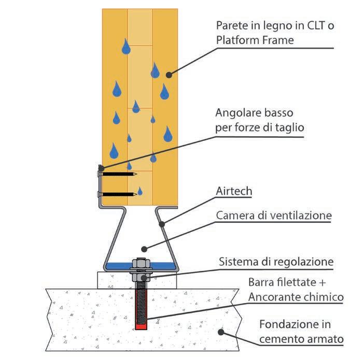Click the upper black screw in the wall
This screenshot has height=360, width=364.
point(119,175)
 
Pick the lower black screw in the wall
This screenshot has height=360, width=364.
point(119,194)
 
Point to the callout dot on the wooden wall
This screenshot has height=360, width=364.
point(169,75)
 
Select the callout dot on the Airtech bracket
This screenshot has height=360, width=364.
point(162,224)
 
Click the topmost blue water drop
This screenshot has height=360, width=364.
point(126,47)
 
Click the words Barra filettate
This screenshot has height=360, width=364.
point(279,283)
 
